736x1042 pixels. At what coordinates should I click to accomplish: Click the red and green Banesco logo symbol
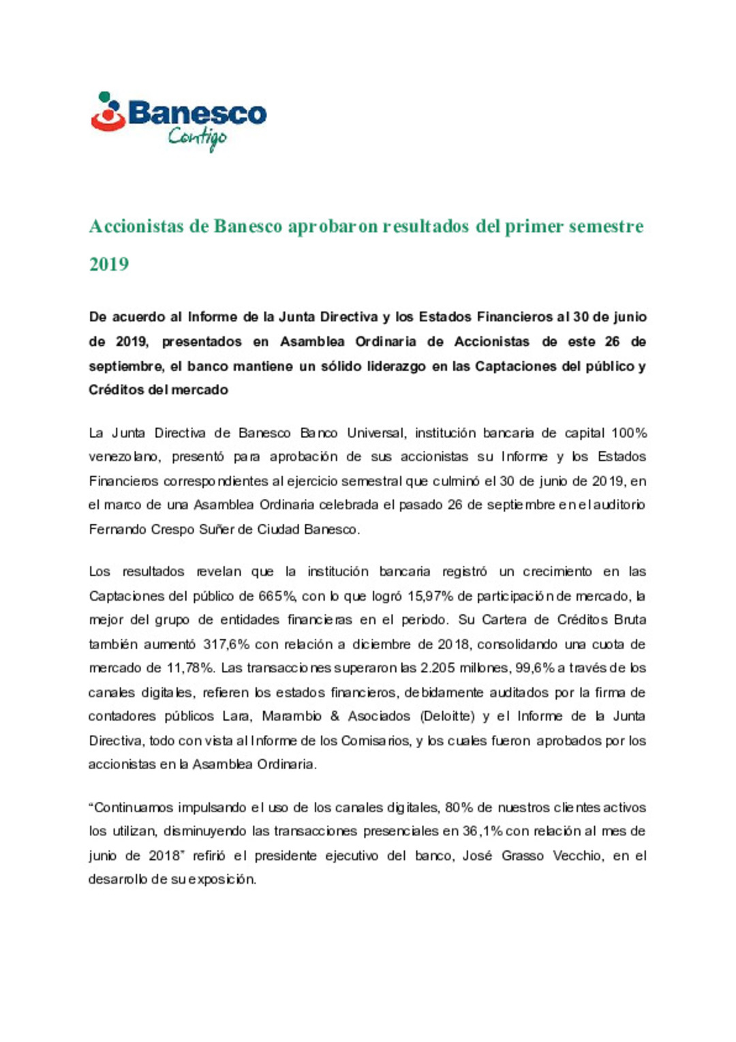pyautogui.click(x=108, y=112)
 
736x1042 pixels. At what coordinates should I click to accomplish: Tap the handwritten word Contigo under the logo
pyautogui.click(x=197, y=138)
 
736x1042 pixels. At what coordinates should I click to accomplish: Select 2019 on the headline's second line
pyautogui.click(x=109, y=264)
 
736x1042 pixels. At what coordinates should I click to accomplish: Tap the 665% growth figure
pyautogui.click(x=276, y=596)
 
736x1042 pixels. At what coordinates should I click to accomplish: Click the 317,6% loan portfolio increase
pyautogui.click(x=227, y=644)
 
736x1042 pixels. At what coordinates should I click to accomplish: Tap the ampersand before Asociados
pyautogui.click(x=334, y=716)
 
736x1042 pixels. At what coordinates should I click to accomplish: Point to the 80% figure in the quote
pyautogui.click(x=459, y=807)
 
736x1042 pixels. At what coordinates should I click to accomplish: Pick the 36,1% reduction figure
pyautogui.click(x=481, y=831)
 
